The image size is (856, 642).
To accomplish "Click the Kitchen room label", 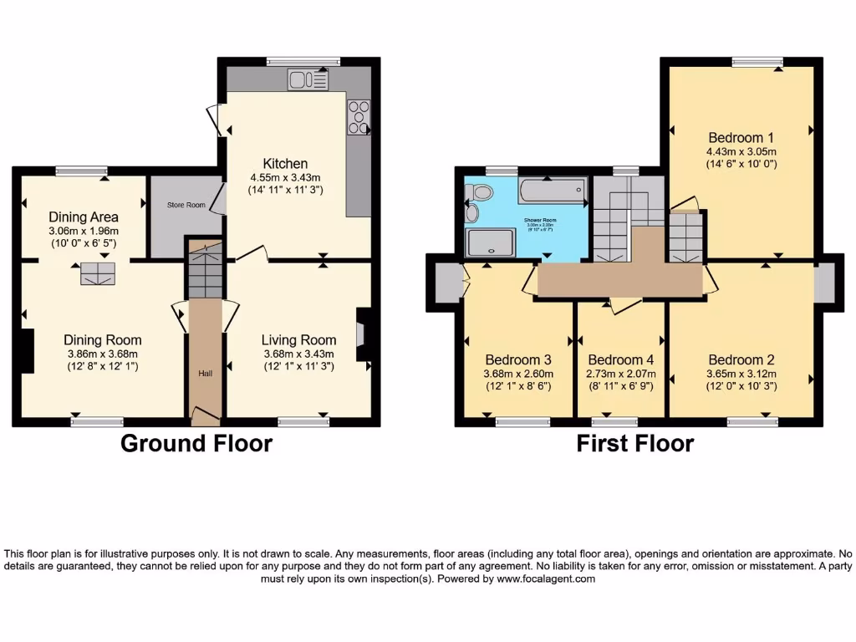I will coord(285,163).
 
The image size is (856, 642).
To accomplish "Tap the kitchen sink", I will coord(308,79).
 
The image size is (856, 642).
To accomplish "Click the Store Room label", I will coord(186,205).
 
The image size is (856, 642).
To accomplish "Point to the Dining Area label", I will coord(83,217).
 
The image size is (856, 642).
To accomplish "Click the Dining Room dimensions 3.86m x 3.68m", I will coord(103,354).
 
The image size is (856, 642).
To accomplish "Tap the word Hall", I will coord(205,373).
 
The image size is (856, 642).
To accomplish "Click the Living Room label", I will coord(298,339).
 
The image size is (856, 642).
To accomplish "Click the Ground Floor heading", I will coord(196,443).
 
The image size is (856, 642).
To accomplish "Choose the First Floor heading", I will coord(635,443).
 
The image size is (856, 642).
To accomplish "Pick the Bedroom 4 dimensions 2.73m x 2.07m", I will coord(620,374).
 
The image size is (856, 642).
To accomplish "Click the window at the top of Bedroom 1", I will coord(757,61).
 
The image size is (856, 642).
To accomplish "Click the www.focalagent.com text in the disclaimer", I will coord(546,578).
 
